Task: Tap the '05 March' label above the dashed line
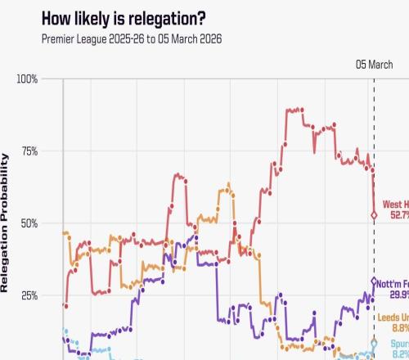pos(374,65)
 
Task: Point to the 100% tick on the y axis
pos(26,79)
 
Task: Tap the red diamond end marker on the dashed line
pos(374,216)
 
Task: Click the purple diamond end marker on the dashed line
pos(374,281)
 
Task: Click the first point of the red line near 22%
pos(65,305)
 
